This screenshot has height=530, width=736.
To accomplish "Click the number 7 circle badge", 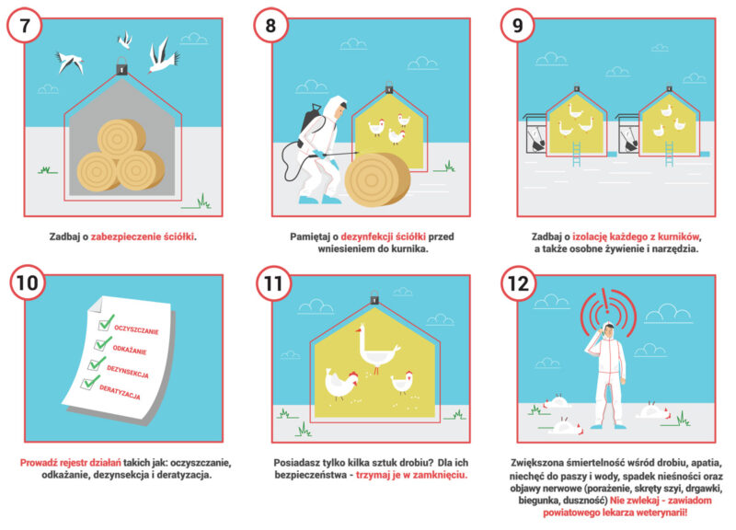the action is [25, 26].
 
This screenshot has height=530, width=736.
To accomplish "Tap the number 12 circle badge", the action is [519, 283].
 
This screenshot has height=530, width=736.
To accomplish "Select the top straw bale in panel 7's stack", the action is [121, 139].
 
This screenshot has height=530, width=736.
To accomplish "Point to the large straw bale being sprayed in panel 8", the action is [377, 179].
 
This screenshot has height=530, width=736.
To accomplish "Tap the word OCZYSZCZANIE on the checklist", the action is [136, 330].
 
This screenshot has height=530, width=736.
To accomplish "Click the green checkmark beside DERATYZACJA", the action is [89, 382].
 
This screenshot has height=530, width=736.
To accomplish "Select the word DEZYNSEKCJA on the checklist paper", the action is [128, 372].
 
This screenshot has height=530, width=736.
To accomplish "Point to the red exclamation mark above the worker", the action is [607, 302].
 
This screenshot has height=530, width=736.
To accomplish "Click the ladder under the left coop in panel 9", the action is [577, 155].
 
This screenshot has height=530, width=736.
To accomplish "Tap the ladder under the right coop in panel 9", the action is [669, 155].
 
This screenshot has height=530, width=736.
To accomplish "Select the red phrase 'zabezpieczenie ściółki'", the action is [143, 236].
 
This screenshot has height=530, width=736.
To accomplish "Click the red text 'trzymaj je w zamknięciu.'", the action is [411, 475].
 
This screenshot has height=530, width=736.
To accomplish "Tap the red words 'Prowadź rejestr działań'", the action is [71, 463].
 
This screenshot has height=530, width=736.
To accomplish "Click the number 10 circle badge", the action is [28, 282].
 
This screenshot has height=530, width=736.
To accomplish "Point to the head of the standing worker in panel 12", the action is [608, 330].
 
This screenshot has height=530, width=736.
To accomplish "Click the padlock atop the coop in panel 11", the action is [374, 297].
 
